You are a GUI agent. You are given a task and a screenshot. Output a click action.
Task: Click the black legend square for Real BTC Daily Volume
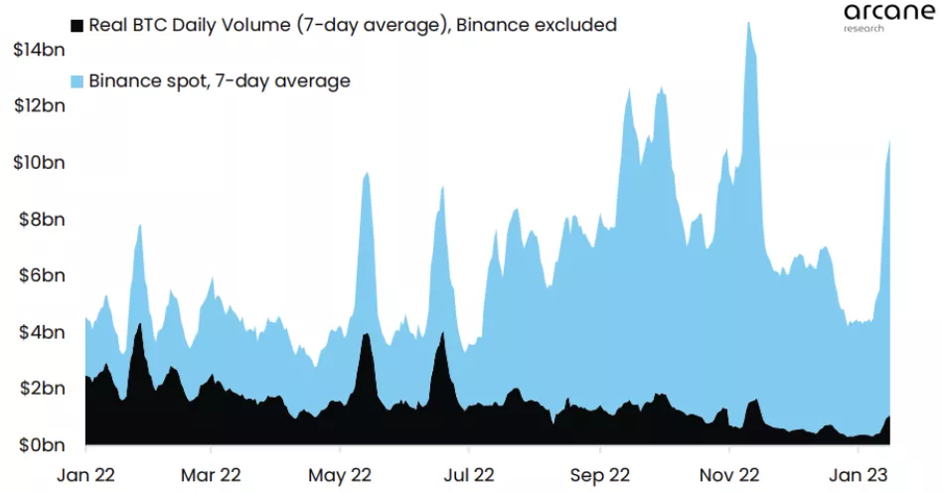[76, 25]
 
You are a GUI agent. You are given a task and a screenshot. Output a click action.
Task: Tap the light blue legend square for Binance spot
[76, 82]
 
